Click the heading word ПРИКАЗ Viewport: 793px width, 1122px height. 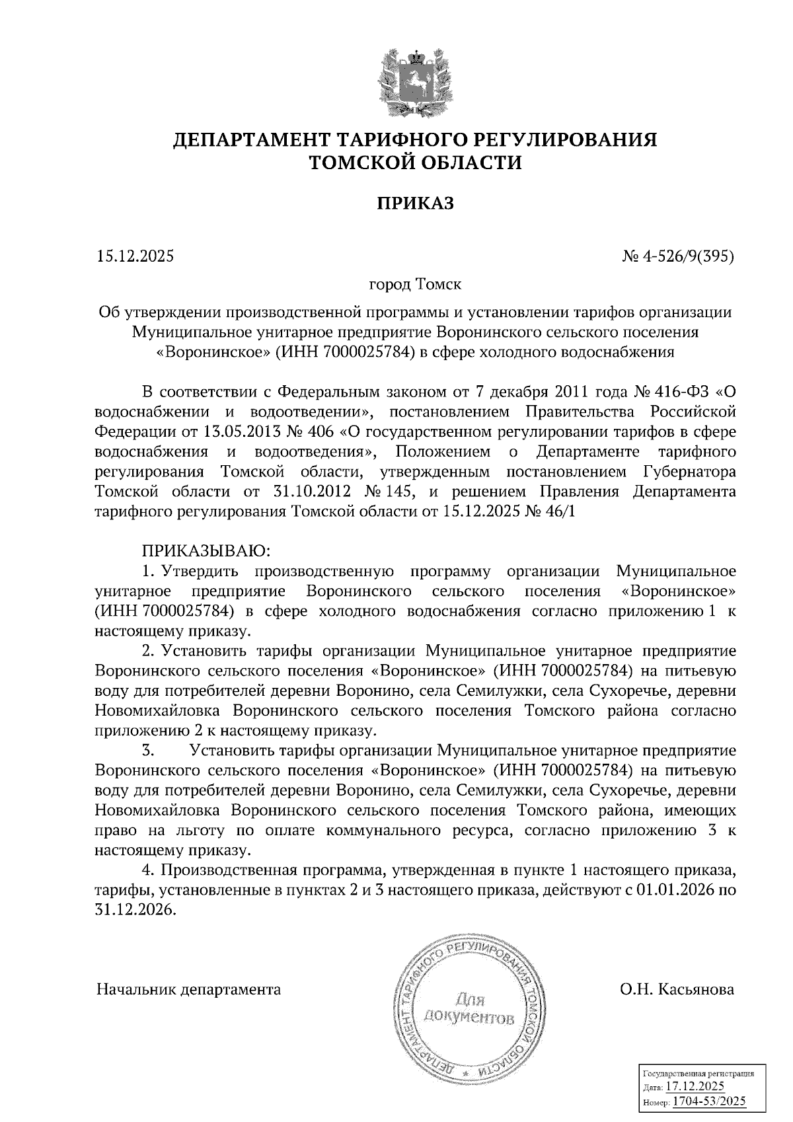pos(415,203)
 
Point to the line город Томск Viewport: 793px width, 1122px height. pos(415,285)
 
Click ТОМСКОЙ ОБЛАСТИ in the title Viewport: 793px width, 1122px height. pos(415,163)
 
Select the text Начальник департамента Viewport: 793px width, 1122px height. pos(188,989)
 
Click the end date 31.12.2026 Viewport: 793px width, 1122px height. pos(136,910)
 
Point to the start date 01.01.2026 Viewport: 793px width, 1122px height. pos(675,890)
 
